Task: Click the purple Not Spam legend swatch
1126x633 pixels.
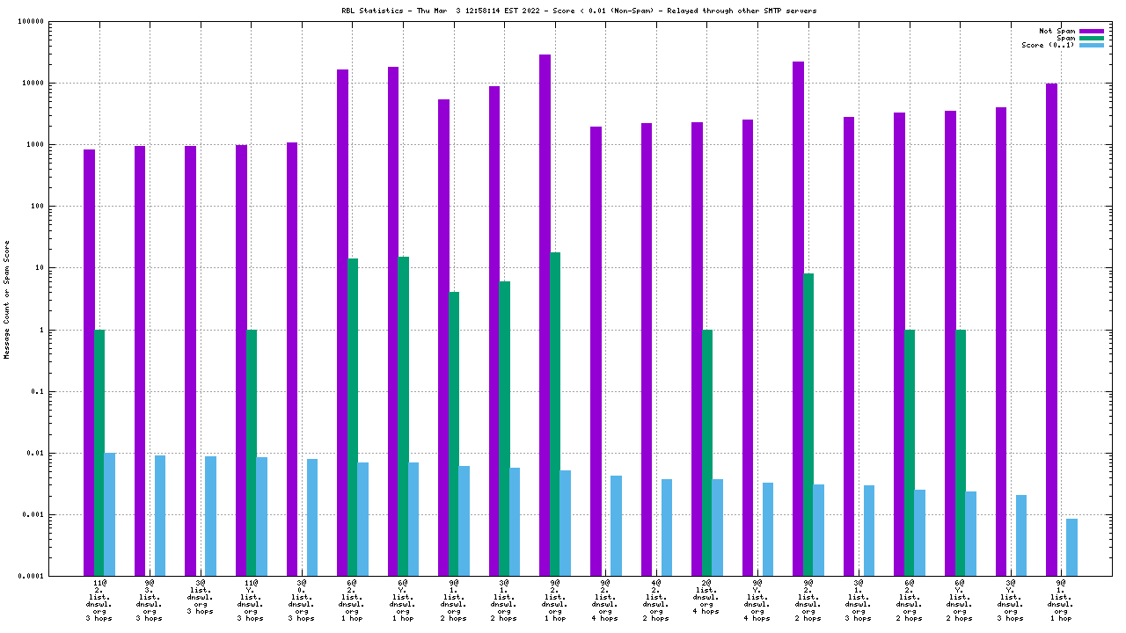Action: (1091, 31)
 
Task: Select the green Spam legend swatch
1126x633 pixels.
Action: (1091, 38)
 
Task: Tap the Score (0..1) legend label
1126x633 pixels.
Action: (1048, 45)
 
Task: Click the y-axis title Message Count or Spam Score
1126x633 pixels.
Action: (7, 300)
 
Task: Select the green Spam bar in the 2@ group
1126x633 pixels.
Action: (707, 453)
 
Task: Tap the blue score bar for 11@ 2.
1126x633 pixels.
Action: (110, 514)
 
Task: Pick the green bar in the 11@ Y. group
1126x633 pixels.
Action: (252, 453)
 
